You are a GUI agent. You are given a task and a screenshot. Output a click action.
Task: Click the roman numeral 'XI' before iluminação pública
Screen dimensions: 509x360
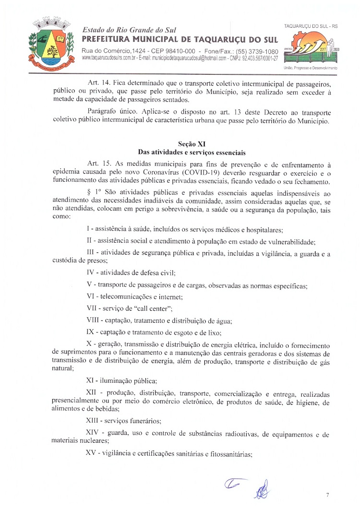(x=90, y=381)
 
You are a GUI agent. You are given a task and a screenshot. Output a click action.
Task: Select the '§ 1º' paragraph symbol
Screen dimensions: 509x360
(x=92, y=191)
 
